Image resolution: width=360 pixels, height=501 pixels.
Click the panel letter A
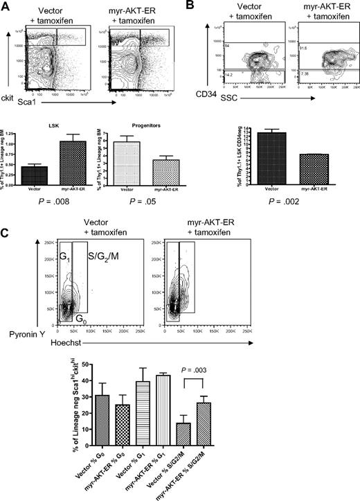7,6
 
